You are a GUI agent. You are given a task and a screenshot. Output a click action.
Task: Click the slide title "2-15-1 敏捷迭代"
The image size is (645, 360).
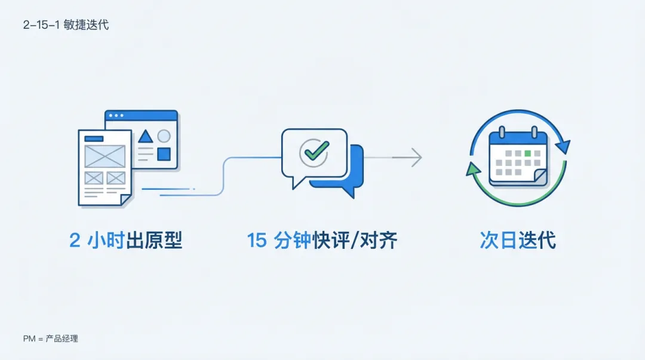click(66, 25)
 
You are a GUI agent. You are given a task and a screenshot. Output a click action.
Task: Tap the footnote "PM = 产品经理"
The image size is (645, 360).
click(51, 339)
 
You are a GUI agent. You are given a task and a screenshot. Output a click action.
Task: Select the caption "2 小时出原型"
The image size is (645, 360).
click(125, 241)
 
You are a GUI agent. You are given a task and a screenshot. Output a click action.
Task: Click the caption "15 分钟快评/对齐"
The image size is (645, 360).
click(322, 241)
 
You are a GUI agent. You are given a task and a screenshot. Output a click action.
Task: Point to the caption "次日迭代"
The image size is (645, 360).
click(518, 241)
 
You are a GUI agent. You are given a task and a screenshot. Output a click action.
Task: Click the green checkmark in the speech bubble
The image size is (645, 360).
click(314, 151)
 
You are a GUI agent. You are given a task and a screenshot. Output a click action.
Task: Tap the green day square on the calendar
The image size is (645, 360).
click(527, 153)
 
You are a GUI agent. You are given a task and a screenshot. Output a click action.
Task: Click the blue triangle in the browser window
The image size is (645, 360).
click(145, 137)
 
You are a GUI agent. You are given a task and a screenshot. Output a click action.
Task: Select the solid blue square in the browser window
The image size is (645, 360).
click(164, 154)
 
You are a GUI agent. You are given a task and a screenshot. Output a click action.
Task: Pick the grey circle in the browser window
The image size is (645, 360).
click(164, 136)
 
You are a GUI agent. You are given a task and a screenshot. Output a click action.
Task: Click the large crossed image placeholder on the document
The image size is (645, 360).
click(105, 156)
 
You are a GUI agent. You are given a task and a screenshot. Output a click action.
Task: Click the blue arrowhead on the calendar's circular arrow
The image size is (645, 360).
click(563, 146)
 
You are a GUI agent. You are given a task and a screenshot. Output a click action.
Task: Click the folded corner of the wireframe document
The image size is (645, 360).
click(126, 199)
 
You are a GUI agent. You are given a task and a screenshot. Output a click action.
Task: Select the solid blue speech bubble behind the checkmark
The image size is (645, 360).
click(352, 179)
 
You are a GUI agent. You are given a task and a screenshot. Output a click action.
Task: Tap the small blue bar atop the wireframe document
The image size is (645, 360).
click(93, 139)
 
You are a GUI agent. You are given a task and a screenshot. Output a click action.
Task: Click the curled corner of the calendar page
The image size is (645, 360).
click(540, 177)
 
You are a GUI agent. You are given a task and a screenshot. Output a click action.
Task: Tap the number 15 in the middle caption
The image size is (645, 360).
click(257, 241)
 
